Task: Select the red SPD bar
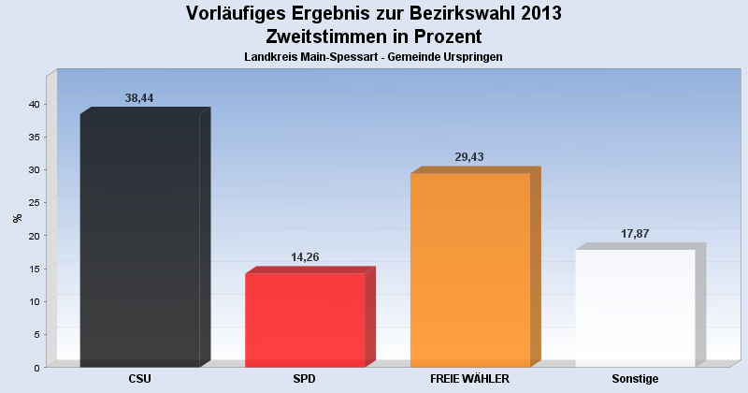coord(305,319)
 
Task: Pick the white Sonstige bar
coord(636,308)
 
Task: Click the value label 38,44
coord(139,98)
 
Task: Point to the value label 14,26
coord(305,257)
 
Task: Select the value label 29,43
coord(469,157)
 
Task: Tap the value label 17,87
coord(635,234)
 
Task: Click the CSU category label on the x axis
coord(139,379)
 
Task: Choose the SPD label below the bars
coord(305,379)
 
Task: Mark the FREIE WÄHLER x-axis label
coord(469,379)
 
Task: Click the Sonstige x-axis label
coord(635,379)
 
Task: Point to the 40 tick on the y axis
coord(33,104)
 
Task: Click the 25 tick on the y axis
coord(33,203)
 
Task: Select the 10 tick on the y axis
coord(33,301)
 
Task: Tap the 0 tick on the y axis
coord(36,368)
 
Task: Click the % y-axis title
coord(17,218)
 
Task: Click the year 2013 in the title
coord(537,13)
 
